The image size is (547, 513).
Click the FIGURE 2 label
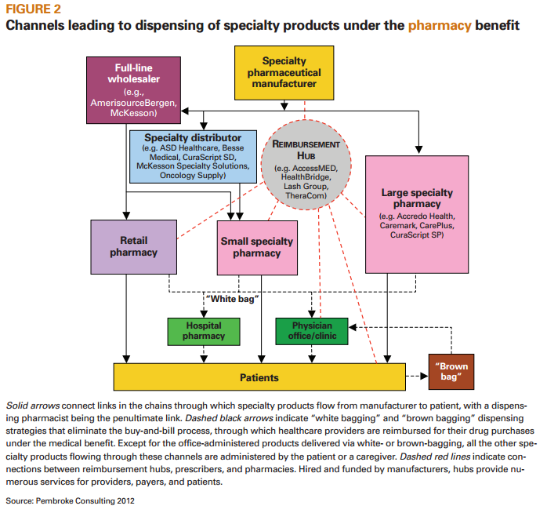[x=34, y=9]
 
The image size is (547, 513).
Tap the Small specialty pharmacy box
[x=256, y=247]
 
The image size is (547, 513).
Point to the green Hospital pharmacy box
[x=204, y=331]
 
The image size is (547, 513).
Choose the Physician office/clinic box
[x=312, y=331]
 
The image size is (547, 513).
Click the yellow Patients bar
[x=259, y=377]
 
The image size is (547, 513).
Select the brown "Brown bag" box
[x=453, y=372]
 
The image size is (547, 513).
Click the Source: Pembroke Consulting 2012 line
[x=65, y=499]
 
